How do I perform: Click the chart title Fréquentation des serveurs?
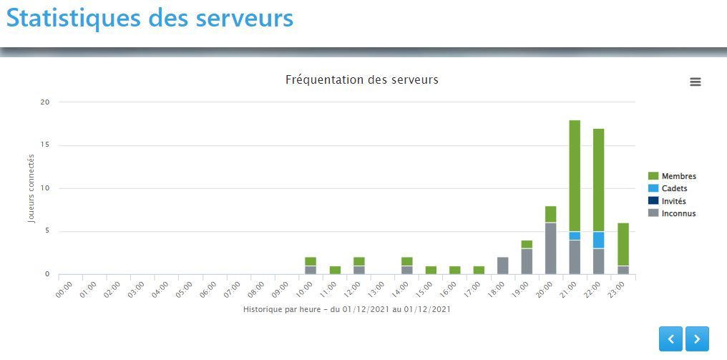(x=361, y=79)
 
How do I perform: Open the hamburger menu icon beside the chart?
(x=695, y=82)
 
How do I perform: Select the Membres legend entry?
(x=678, y=176)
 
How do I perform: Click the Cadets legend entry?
(x=674, y=188)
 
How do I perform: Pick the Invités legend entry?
(x=673, y=201)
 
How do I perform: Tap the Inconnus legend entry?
(x=678, y=213)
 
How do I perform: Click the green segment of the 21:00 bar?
(x=575, y=175)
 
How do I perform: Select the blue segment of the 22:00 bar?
(x=598, y=240)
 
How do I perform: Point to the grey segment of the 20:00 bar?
(x=550, y=248)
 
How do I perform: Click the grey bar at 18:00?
(x=502, y=266)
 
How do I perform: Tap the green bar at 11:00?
(x=335, y=270)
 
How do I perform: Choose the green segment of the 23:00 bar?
(x=623, y=244)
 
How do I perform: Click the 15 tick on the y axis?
(x=45, y=145)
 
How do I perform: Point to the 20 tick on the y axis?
(x=45, y=102)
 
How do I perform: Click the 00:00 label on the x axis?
(x=64, y=289)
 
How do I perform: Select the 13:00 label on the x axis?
(x=376, y=289)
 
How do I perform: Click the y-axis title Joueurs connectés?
(x=31, y=188)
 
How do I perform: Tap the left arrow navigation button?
(x=670, y=339)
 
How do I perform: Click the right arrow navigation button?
(x=697, y=339)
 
